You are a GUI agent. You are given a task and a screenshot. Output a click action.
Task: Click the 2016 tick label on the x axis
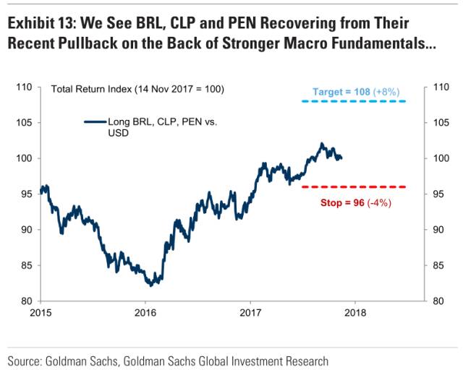coord(145,313)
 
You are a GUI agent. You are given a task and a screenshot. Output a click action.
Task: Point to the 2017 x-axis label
coord(250,313)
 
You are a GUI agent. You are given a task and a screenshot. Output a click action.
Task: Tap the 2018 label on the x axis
coord(355,313)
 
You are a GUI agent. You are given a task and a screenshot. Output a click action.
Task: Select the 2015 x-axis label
coord(41,313)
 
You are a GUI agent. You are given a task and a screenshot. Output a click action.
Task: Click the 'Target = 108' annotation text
coord(341,92)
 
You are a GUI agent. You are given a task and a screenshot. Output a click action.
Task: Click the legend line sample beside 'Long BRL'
coord(95,122)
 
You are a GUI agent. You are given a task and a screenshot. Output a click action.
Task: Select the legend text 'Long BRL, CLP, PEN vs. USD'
coord(161,127)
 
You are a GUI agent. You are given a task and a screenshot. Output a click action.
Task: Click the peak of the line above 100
coord(322,144)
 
